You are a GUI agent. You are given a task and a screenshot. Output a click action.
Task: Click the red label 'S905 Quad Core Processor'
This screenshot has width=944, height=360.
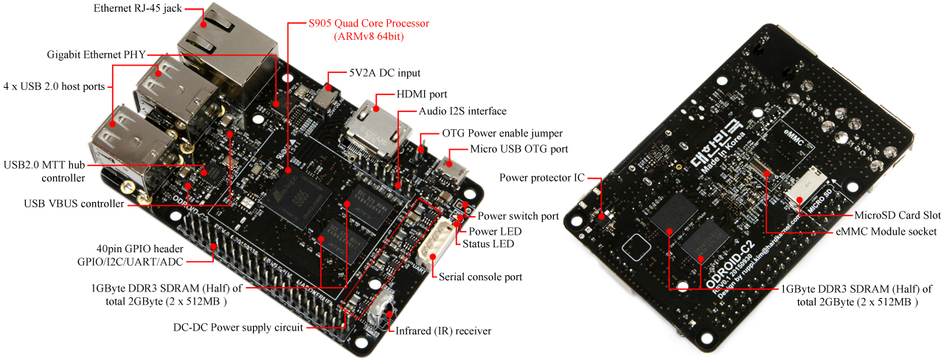pyautogui.click(x=369, y=23)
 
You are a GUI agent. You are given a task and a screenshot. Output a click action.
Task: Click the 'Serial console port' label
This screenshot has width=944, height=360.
pyautogui.click(x=480, y=277)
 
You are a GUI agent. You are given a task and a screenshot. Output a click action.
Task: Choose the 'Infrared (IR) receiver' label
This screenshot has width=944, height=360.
pyautogui.click(x=443, y=331)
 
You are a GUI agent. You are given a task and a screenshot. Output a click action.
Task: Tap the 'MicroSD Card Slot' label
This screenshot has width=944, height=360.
pyautogui.click(x=897, y=215)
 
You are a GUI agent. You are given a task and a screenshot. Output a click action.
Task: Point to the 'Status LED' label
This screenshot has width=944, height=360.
pyautogui.click(x=488, y=243)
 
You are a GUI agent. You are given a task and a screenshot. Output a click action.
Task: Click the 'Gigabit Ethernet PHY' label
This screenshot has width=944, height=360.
pyautogui.click(x=96, y=55)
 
